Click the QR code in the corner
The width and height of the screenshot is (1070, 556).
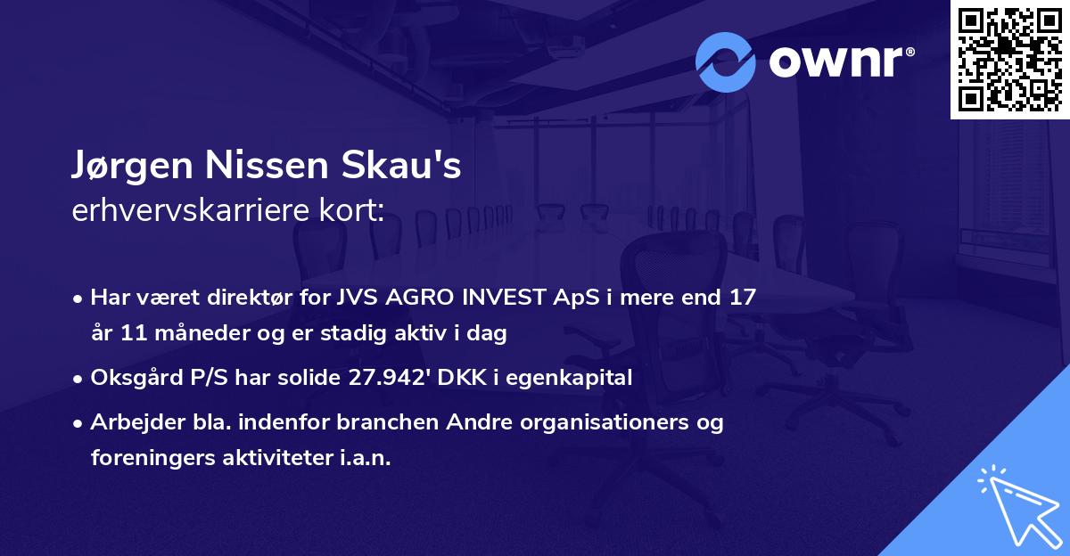1009,59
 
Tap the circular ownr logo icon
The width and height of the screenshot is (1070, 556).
725,62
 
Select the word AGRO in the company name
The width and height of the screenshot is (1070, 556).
428,298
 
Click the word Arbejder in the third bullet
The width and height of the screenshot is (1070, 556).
132,422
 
